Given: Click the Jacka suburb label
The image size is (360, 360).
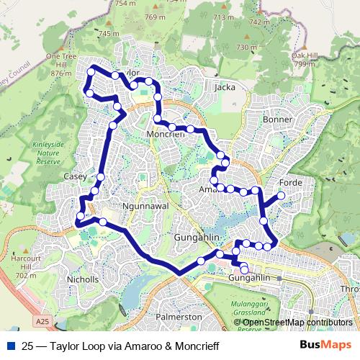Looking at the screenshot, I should click(x=225, y=87).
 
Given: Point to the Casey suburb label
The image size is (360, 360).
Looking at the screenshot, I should click(x=75, y=176).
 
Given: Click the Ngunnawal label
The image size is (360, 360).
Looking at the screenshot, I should click(x=140, y=205).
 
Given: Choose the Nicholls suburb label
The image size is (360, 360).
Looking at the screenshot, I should click(x=81, y=279).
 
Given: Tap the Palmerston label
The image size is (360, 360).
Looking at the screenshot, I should click(x=179, y=317).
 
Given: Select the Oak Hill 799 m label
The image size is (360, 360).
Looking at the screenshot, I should click(x=305, y=58).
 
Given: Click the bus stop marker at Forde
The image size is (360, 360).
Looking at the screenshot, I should click(x=281, y=195).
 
